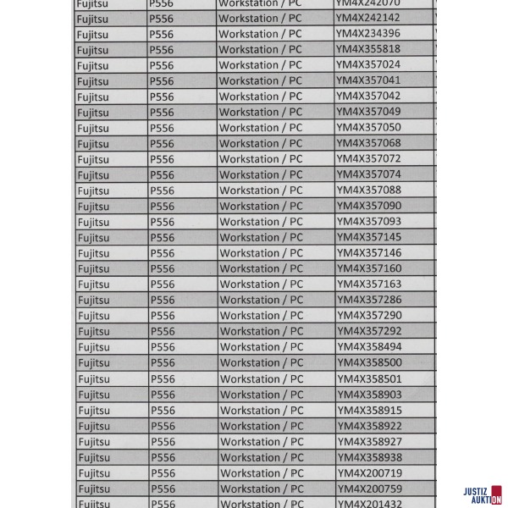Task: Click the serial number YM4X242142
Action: coord(367,18)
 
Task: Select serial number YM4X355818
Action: coord(367,49)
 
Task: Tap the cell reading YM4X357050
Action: coord(368,128)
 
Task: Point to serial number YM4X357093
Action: coord(368,222)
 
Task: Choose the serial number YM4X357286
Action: coord(369,300)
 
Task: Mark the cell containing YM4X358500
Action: coord(369,362)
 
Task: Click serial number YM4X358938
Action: coord(369,457)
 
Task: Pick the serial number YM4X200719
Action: coord(369,472)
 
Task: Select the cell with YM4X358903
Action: coord(369,395)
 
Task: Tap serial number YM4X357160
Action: coord(369,268)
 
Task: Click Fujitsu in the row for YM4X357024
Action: coord(92,65)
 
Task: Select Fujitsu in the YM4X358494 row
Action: coord(93,347)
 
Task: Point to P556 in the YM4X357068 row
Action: coord(161,144)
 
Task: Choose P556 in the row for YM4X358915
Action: coord(162,411)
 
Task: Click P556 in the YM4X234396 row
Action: coord(161,34)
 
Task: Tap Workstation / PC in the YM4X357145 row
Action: coord(261,238)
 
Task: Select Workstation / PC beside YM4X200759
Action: coord(261,489)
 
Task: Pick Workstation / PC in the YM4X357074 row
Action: coord(261,175)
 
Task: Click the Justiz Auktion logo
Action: coord(483,495)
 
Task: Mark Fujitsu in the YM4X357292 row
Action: coord(93,332)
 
